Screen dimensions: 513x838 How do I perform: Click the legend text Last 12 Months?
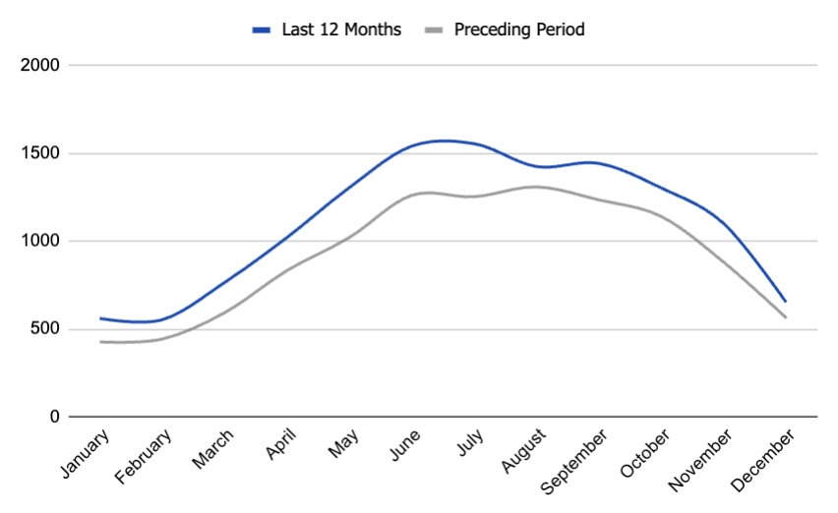(341, 29)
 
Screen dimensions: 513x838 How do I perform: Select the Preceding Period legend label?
(519, 29)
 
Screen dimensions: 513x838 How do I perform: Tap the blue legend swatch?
(262, 29)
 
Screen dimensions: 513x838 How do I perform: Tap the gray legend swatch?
(433, 29)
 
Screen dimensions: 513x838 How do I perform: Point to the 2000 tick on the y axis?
(40, 66)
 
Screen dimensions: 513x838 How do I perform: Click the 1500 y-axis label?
(40, 153)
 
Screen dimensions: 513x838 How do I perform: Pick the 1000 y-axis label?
(40, 242)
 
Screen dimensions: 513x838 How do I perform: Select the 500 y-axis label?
(45, 329)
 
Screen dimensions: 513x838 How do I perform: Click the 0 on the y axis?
(55, 417)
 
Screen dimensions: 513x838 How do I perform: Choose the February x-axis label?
(145, 455)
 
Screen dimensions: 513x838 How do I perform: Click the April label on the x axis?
(282, 446)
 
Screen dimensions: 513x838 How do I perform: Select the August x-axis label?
(521, 451)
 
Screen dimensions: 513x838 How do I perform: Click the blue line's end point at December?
(785, 301)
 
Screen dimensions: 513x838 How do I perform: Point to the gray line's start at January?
(100, 342)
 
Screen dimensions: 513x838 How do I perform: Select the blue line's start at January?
(100, 318)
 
